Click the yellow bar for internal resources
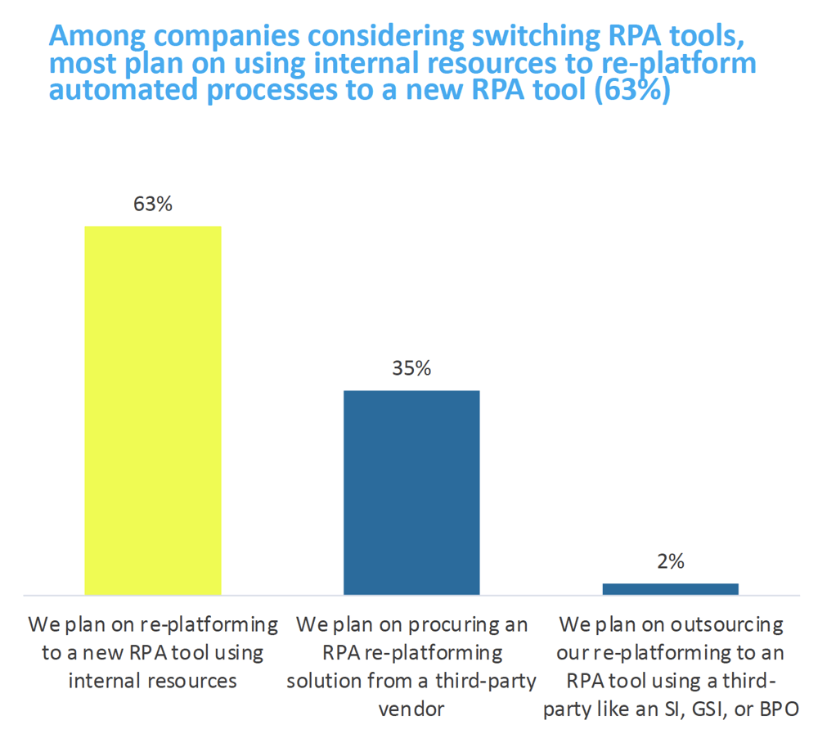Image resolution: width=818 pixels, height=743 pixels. (153, 409)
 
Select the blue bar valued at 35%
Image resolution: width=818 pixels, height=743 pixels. (411, 492)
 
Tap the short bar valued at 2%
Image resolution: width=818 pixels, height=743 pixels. (670, 588)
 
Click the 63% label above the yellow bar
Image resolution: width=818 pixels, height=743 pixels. (153, 204)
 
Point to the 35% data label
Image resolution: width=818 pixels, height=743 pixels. (411, 368)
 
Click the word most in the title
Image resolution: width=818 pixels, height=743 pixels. (79, 64)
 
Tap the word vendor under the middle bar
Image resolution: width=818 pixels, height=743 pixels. (411, 709)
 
